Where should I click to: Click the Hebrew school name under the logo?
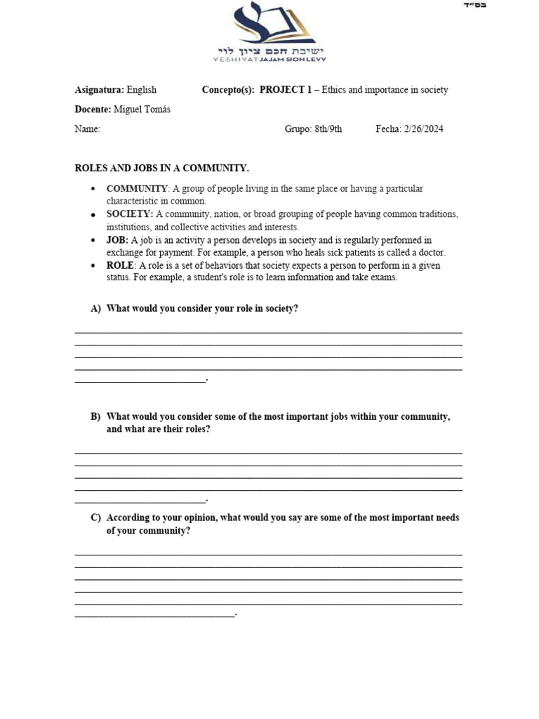click(x=272, y=51)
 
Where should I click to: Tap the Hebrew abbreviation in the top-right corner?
click(x=475, y=6)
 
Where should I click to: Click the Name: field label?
click(x=88, y=129)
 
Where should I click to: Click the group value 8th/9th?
click(x=328, y=129)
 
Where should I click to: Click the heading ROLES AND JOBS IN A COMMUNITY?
click(x=161, y=169)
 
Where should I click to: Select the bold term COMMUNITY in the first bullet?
click(x=137, y=189)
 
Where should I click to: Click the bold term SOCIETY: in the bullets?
click(x=130, y=214)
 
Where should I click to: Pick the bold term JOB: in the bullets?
click(x=117, y=240)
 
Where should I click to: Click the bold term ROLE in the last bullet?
click(x=119, y=265)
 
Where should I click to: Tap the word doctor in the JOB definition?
click(x=432, y=252)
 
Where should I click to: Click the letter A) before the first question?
click(x=95, y=309)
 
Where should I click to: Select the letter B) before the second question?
click(x=95, y=417)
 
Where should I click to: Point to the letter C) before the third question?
click(x=95, y=518)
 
